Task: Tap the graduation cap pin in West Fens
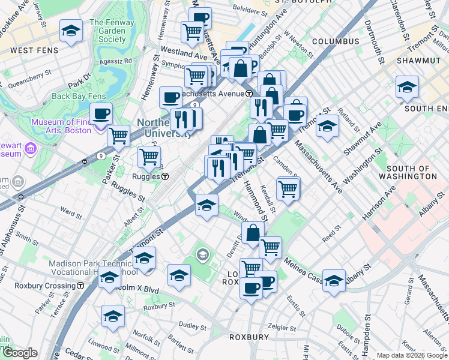coord(71,31)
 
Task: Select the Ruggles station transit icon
coord(165,176)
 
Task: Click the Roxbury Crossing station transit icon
coord(80,286)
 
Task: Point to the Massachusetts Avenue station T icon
coord(249,94)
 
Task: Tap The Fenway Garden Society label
coord(108,31)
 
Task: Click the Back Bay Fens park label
coord(79,96)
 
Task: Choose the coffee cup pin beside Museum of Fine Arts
coord(101,113)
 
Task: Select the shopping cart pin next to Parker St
coord(119,136)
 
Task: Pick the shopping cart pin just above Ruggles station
coord(149,157)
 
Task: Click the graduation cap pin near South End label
coord(407,87)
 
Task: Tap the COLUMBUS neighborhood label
coord(336,41)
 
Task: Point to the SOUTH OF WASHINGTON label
coord(412,172)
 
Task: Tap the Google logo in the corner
coord(20,353)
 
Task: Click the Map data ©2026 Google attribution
coord(411,355)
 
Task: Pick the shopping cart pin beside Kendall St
coord(288,189)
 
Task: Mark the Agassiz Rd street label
coord(116,61)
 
